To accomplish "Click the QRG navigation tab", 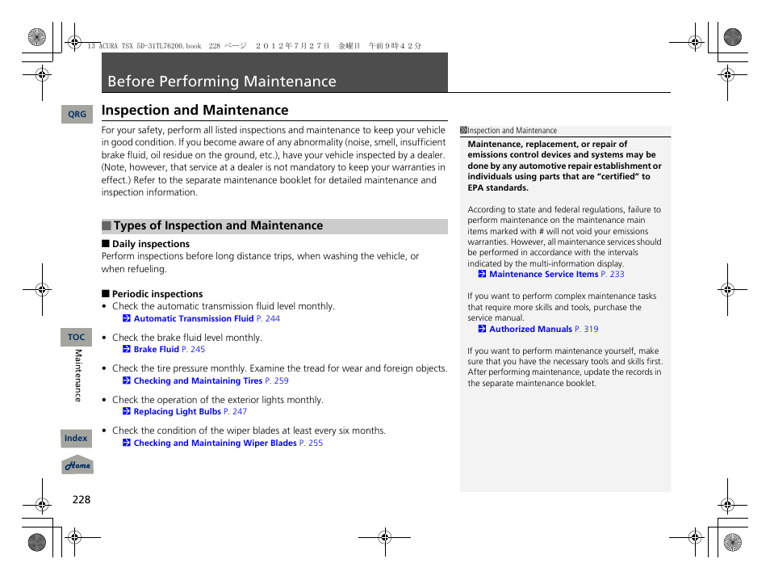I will (77, 115).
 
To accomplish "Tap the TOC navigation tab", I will (77, 338).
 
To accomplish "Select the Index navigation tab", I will (77, 439).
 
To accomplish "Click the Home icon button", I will (77, 466).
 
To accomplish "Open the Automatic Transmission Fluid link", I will (194, 319).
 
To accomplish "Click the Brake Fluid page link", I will (157, 350).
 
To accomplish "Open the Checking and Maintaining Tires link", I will (198, 381).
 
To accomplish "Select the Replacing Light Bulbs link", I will (177, 412).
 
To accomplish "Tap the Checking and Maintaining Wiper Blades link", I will (215, 443).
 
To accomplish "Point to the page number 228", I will (81, 499).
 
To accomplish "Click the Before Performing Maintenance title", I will (222, 82).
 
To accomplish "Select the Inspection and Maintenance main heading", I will (195, 111).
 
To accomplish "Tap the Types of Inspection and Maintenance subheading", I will (218, 226).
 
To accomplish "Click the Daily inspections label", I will (151, 244).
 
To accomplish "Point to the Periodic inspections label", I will (157, 294).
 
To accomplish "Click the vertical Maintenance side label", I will (78, 376).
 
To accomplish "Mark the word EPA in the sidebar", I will (476, 188).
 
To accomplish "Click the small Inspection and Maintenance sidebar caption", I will (512, 131).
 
